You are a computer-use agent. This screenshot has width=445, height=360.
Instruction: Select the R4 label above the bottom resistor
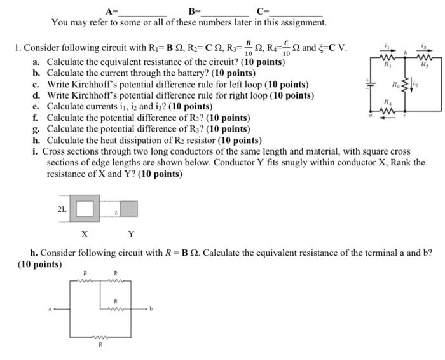click(386, 101)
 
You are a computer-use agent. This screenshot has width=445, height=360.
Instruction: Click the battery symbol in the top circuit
click(367, 83)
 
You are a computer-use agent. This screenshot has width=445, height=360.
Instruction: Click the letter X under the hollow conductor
click(84, 234)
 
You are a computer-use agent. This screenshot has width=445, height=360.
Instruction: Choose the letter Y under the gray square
click(132, 234)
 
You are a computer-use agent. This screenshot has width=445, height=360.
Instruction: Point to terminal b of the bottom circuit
click(151, 310)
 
